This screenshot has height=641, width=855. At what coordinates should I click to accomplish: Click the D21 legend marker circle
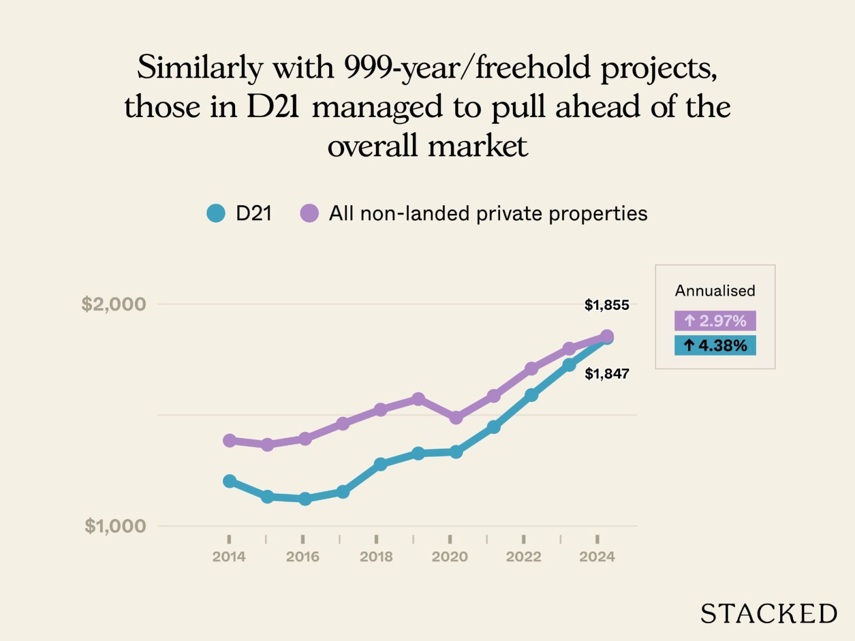pos(216,213)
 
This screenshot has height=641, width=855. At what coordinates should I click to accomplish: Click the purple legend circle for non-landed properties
pos(309,213)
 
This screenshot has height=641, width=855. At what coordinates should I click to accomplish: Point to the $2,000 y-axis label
pos(113,304)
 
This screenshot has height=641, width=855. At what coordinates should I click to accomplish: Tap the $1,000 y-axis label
pos(115,526)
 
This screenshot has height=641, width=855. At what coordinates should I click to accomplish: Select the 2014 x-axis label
pos(229,557)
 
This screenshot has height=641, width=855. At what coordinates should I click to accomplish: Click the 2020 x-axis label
pos(449,557)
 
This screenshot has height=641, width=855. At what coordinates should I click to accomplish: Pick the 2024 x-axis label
pos(597,557)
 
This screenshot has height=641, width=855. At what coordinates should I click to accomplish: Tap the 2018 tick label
pos(376,557)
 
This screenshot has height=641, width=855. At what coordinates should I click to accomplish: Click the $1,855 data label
pos(607,305)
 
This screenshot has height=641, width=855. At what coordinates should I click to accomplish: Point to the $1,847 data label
pos(607,374)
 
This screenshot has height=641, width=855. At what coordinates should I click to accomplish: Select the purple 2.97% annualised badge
pos(715,320)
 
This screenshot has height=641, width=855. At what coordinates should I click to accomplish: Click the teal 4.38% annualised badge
pos(715,346)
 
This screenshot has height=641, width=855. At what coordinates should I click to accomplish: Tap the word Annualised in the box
pos(715,291)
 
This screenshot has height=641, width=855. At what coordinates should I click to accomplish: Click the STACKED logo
pos(768,614)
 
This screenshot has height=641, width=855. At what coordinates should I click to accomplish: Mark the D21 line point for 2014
pos(229,481)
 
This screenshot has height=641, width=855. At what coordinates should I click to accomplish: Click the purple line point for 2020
pos(456,417)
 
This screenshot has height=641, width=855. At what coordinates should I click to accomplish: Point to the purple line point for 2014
pos(229,441)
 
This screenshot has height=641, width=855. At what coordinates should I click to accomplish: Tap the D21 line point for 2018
pos(380,464)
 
